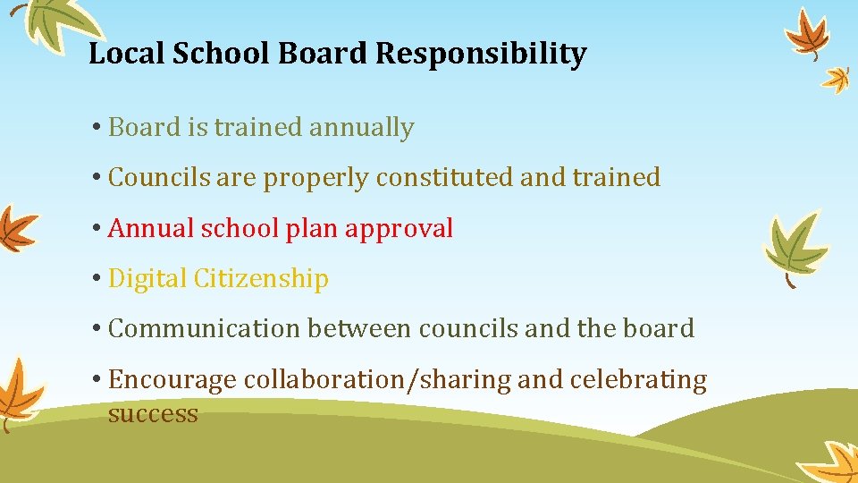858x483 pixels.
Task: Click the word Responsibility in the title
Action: point(481,55)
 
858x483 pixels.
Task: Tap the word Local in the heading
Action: point(126,55)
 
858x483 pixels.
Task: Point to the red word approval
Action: point(400,229)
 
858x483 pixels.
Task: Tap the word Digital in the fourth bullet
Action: point(147,279)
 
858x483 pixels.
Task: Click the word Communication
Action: point(204,329)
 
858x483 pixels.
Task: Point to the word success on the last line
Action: point(153,414)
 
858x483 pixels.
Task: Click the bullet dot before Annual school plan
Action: point(96,229)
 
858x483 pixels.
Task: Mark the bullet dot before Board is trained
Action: point(96,128)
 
